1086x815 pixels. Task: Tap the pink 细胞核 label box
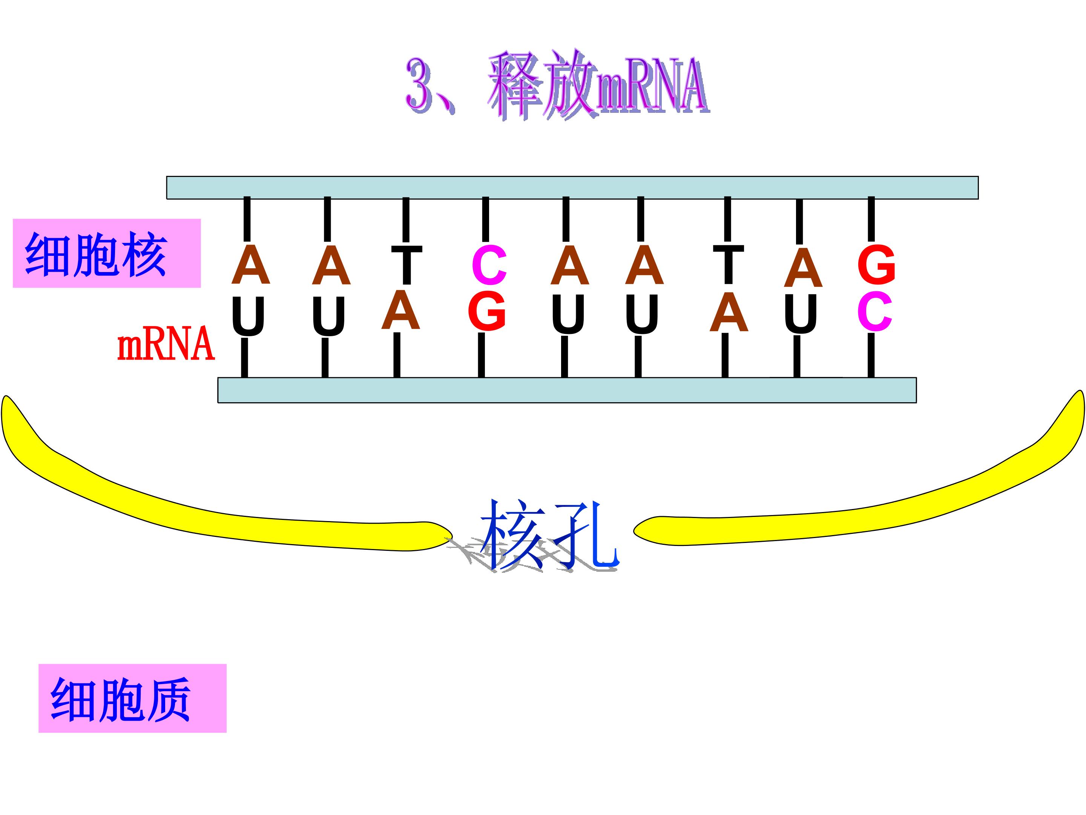pos(107,253)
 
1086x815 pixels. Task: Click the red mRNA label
pos(166,343)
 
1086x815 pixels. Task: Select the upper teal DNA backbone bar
pos(572,188)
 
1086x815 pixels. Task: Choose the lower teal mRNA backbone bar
pos(567,390)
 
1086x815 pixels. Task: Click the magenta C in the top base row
pos(489,265)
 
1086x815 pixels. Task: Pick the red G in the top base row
pos(876,265)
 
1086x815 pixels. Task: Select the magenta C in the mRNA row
pos(874,311)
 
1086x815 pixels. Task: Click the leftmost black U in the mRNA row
pos(248,316)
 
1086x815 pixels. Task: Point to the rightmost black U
pos(801,314)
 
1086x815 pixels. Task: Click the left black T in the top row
pos(406,265)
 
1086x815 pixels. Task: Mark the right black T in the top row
pos(728,264)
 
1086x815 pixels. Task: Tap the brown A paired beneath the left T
pos(400,309)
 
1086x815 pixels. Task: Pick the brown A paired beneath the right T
pos(729,312)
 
